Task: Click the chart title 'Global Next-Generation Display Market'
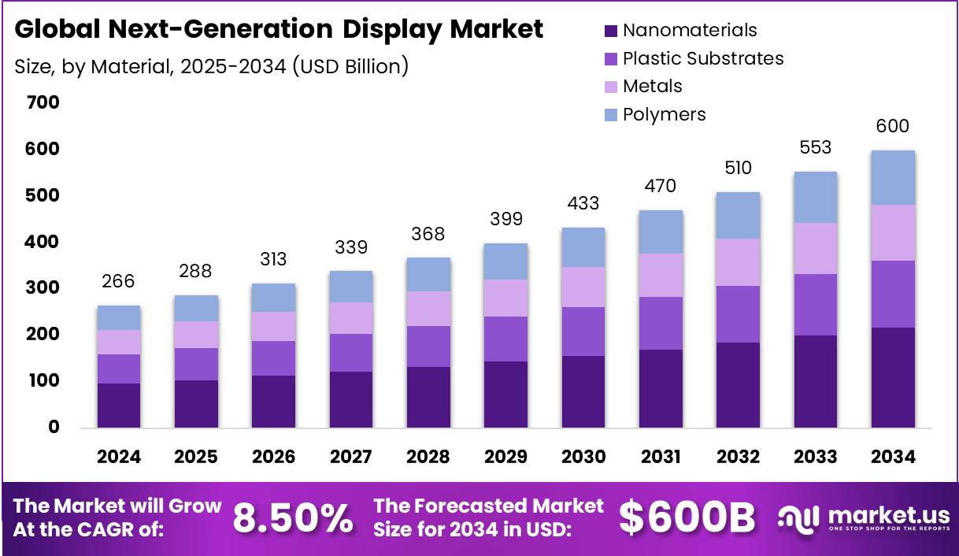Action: click(x=279, y=30)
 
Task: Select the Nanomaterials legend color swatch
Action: click(x=610, y=31)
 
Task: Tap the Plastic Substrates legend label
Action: click(x=702, y=58)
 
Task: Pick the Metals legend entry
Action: click(x=652, y=86)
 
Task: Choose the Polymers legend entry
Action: click(x=664, y=114)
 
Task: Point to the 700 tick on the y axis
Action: click(x=43, y=102)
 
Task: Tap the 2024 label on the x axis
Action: click(x=119, y=458)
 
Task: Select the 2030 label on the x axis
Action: click(x=583, y=458)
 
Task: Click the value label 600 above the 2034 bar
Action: click(x=893, y=127)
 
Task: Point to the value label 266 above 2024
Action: click(x=119, y=281)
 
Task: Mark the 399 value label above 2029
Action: click(x=505, y=219)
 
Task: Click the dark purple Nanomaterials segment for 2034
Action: click(x=893, y=377)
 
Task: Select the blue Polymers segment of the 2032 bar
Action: click(x=738, y=215)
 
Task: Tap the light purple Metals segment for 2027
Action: click(x=351, y=318)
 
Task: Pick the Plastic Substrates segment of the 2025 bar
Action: click(x=196, y=364)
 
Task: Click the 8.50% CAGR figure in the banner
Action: click(x=293, y=517)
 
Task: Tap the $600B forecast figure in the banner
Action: click(x=687, y=517)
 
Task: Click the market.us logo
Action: click(x=864, y=518)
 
